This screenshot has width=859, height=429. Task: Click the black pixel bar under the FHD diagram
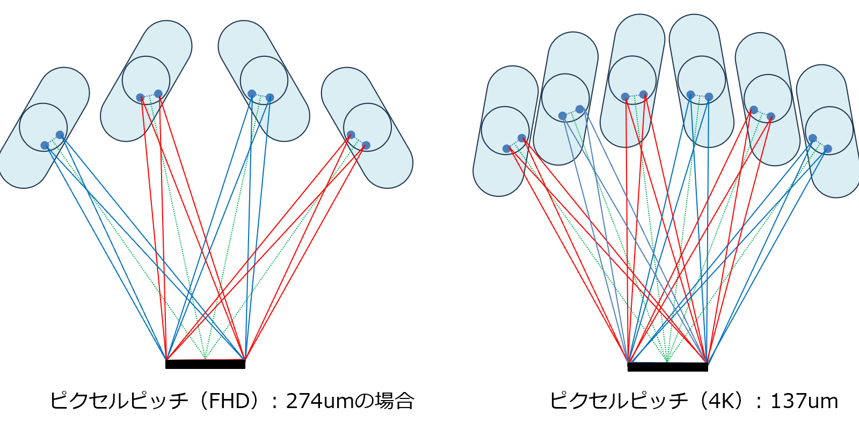(x=205, y=364)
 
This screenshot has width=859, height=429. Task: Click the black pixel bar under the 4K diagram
(x=667, y=367)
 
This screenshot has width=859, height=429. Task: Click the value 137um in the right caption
(x=804, y=401)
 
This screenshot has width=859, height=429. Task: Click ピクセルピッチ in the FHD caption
(x=119, y=401)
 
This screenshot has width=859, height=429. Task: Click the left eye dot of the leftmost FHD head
(x=45, y=145)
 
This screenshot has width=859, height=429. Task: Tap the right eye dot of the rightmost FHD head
(x=366, y=145)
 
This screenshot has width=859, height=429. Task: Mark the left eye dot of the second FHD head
(x=140, y=98)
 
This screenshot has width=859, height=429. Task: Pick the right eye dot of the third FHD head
(x=270, y=98)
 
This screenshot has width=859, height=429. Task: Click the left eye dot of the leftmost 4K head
(x=506, y=149)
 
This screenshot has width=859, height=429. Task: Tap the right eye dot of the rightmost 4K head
(x=828, y=149)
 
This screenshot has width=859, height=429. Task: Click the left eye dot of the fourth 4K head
(x=690, y=94)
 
